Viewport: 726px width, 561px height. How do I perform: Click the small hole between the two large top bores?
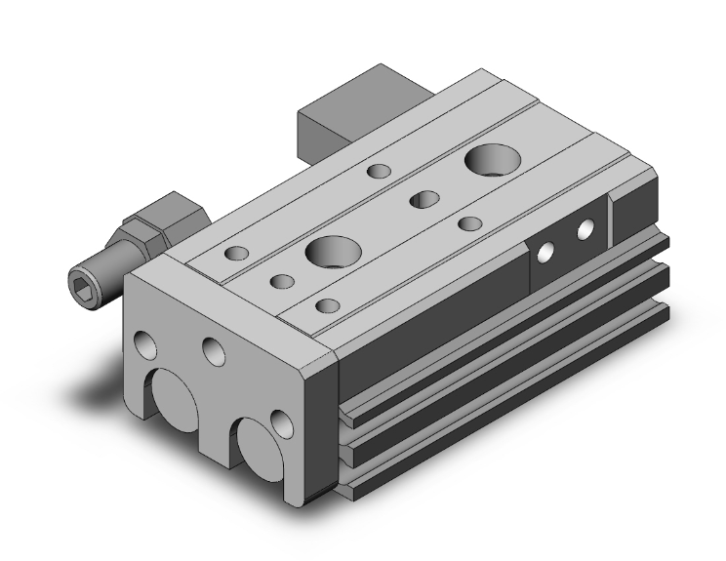(x=423, y=201)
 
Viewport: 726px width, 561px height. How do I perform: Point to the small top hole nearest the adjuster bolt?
(x=236, y=255)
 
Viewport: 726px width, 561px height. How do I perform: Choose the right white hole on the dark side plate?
(x=585, y=231)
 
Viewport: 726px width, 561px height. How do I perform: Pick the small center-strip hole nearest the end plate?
(x=282, y=283)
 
